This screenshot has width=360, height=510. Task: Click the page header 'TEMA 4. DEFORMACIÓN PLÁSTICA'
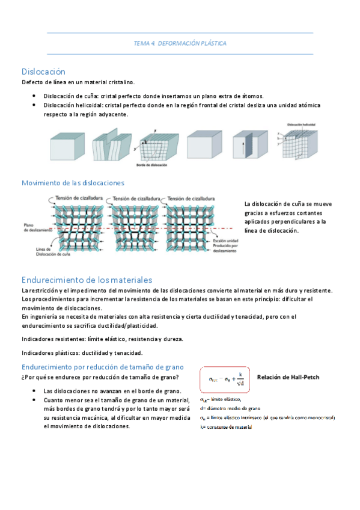(180, 43)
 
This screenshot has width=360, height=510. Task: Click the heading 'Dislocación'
(43, 71)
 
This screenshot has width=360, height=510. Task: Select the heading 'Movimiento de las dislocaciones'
(73, 182)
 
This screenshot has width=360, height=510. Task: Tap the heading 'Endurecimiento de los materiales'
(87, 280)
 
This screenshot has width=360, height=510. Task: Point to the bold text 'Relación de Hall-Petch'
(288, 378)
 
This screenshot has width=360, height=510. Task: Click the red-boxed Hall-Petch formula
(223, 379)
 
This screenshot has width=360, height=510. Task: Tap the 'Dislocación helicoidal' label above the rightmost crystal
(301, 124)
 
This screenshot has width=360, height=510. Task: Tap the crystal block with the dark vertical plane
(245, 146)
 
